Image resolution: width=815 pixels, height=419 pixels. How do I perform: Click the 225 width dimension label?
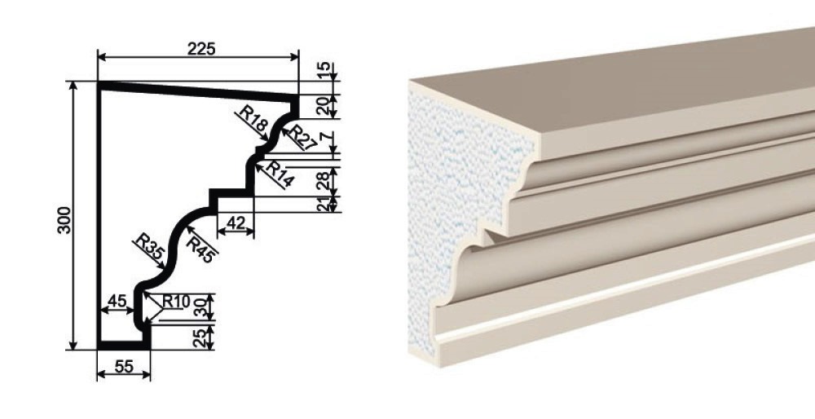pyautogui.click(x=201, y=48)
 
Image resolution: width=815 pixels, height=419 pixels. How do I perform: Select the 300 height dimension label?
pyautogui.click(x=64, y=220)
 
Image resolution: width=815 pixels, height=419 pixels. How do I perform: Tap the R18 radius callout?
pyautogui.click(x=253, y=118)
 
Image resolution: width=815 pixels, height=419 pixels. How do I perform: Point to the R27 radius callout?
pyautogui.click(x=302, y=137)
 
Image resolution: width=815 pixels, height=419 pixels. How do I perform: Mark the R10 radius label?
pyautogui.click(x=176, y=301)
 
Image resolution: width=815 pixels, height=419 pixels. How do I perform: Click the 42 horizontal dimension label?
pyautogui.click(x=236, y=223)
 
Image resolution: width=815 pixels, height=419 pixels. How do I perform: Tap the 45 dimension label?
pyautogui.click(x=117, y=301)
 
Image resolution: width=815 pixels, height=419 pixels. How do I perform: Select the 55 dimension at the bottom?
pyautogui.click(x=124, y=367)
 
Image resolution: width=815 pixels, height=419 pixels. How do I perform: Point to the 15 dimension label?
pyautogui.click(x=324, y=68)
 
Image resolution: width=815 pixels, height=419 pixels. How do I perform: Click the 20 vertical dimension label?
pyautogui.click(x=324, y=106)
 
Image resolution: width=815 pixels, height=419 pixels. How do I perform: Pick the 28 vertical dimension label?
pyautogui.click(x=324, y=180)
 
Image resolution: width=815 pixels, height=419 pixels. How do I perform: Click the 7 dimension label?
pyautogui.click(x=324, y=139)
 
